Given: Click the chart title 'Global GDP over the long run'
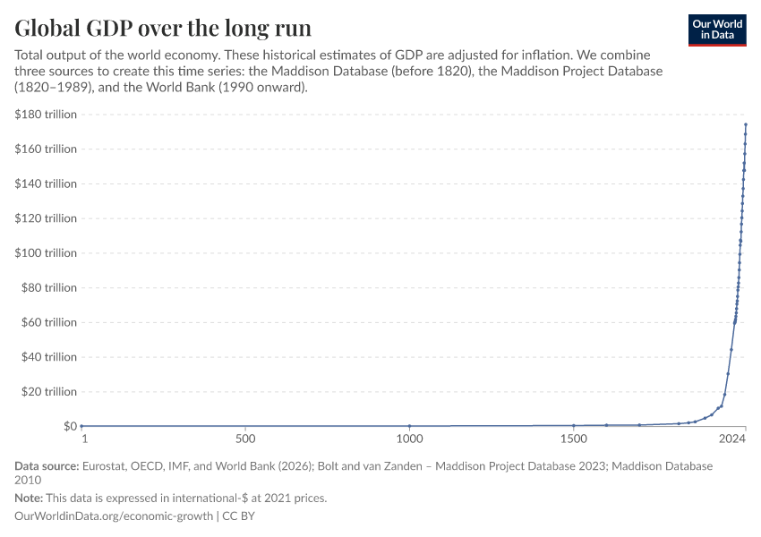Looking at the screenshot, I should [x=163, y=27].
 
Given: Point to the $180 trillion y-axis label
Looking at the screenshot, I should [x=46, y=115].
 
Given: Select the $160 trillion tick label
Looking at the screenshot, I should [x=46, y=149].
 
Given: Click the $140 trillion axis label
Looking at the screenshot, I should [x=46, y=183].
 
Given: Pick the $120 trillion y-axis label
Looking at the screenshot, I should [x=46, y=218].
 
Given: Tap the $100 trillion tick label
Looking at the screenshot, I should [x=46, y=253].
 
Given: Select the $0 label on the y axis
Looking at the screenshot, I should [x=70, y=426].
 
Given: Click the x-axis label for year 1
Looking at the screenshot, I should [x=84, y=439].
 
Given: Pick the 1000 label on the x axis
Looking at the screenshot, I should [x=409, y=439].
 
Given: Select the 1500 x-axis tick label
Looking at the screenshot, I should [x=574, y=439].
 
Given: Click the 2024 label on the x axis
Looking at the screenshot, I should [x=732, y=439].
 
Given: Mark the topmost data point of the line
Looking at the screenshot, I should [x=746, y=124].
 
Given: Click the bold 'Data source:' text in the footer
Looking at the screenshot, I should [x=47, y=466].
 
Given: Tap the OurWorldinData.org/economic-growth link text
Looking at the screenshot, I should [x=114, y=516].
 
